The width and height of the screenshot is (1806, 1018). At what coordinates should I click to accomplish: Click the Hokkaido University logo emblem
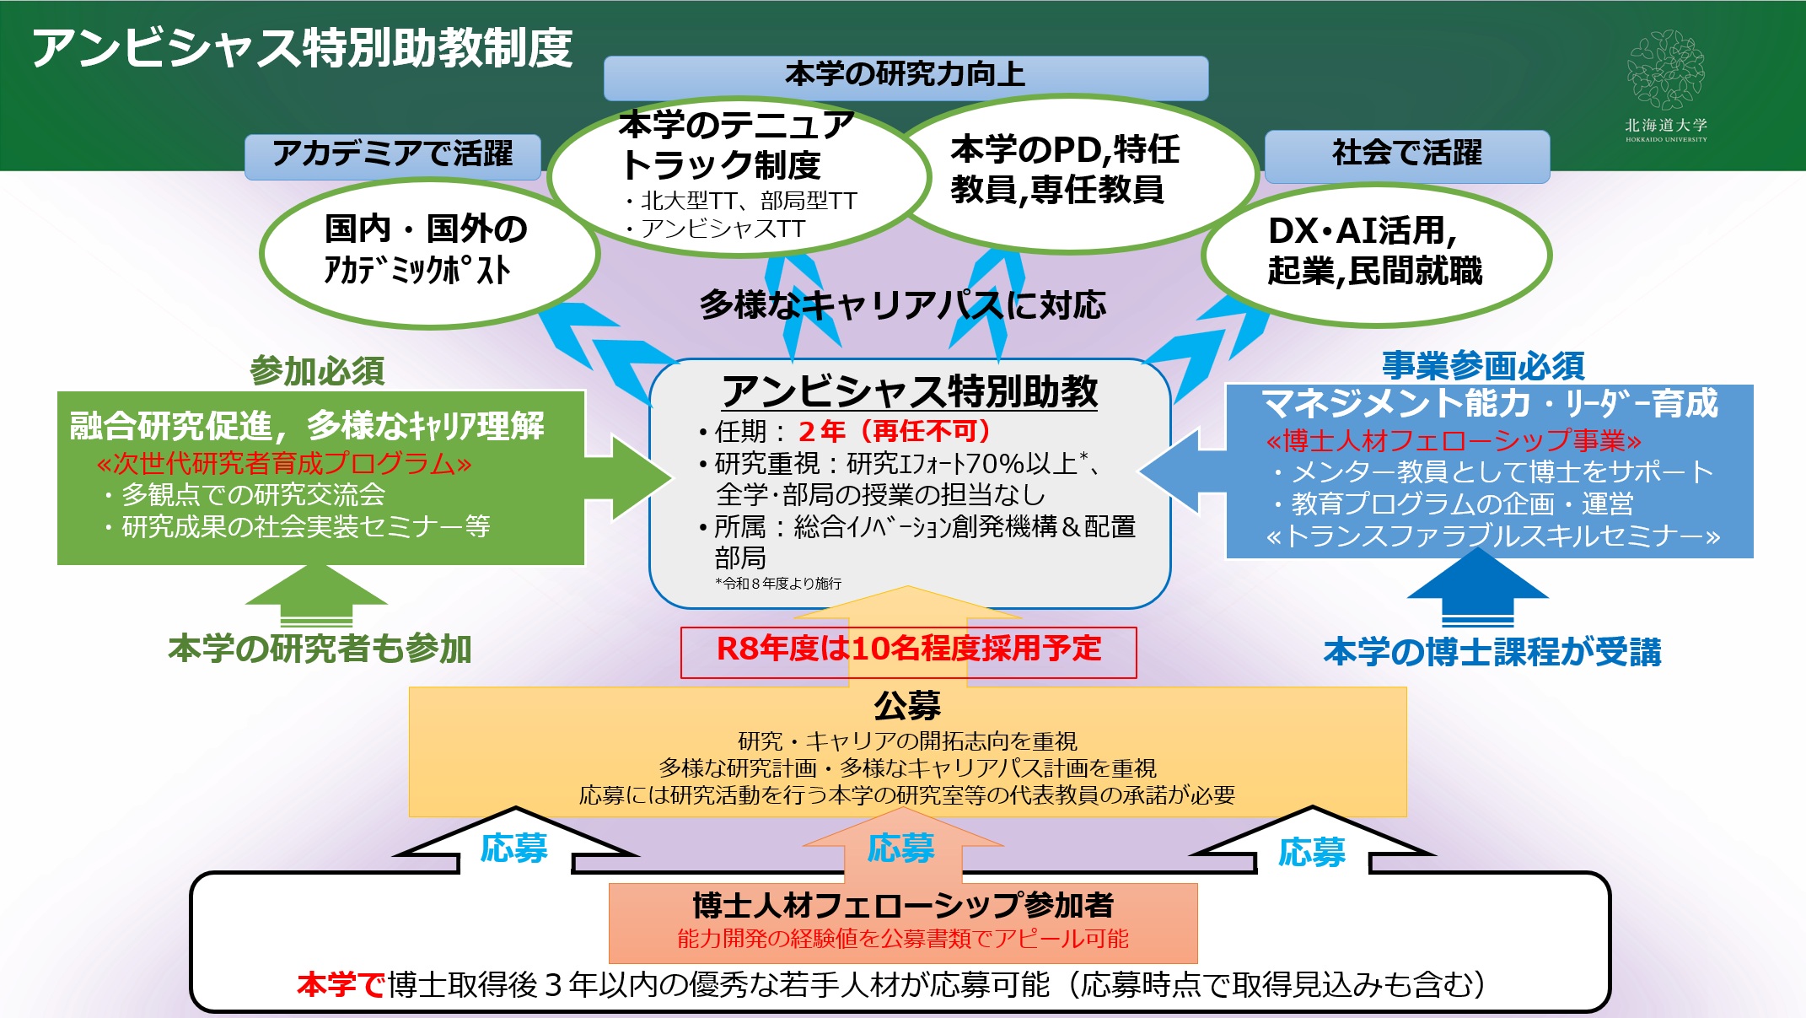(1665, 71)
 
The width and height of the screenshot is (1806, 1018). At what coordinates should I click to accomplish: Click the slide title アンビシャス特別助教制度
(302, 48)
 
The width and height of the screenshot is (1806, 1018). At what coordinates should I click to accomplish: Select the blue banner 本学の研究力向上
(906, 77)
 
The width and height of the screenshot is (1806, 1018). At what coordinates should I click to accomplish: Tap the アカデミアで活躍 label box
(392, 155)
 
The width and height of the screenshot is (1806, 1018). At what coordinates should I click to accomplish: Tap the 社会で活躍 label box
(1406, 155)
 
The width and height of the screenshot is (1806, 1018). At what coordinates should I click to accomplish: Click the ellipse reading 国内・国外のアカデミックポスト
(428, 251)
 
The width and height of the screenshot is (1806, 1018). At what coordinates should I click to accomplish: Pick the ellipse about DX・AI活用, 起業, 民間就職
(1375, 252)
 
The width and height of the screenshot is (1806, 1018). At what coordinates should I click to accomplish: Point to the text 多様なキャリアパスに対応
(902, 305)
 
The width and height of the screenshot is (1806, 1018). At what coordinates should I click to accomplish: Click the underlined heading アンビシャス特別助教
(909, 391)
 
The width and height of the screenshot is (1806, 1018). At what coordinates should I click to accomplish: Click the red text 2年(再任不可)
(894, 432)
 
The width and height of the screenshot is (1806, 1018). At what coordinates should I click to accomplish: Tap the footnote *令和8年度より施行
(777, 584)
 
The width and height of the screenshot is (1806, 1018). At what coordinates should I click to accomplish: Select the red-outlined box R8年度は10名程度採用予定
(908, 650)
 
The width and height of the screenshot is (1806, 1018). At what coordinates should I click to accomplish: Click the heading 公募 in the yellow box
(907, 706)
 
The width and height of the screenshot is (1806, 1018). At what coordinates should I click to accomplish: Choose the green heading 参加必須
(317, 371)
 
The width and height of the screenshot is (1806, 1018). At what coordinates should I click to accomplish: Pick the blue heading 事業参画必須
(1483, 366)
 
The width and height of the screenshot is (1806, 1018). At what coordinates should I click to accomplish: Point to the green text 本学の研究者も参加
(320, 649)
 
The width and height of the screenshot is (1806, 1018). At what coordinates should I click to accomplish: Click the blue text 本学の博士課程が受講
(1492, 653)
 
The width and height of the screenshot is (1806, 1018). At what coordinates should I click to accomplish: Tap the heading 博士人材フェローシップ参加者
(903, 906)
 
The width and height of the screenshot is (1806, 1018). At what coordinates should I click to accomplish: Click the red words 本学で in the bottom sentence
(341, 985)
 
